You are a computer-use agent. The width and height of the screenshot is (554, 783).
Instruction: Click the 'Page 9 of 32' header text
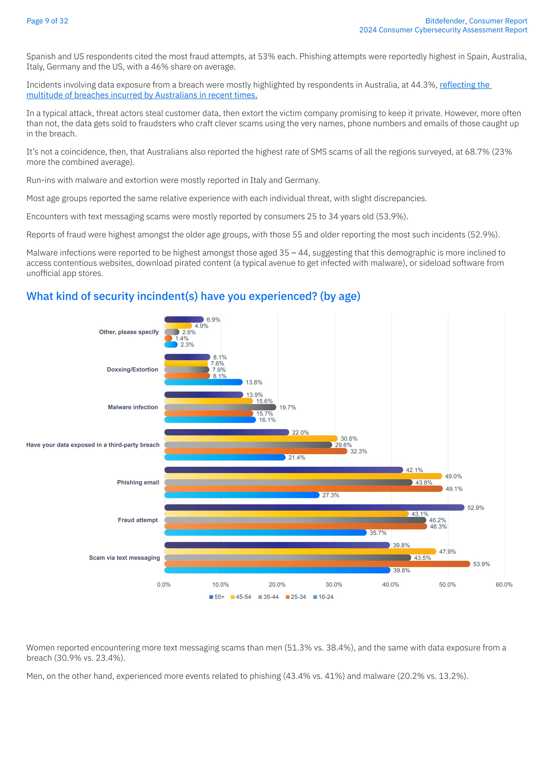(47, 21)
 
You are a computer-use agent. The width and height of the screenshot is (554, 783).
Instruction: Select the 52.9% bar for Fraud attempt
(314, 507)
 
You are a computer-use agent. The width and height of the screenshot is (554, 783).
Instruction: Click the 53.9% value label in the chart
(481, 564)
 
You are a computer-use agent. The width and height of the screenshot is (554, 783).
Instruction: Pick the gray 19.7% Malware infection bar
(220, 407)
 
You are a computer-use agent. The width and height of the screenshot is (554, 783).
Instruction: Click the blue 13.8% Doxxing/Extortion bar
(203, 382)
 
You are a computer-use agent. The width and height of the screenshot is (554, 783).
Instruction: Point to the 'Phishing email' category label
(138, 482)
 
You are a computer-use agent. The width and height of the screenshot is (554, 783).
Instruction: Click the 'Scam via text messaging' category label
(124, 558)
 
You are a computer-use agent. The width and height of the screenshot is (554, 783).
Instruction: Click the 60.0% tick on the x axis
(504, 585)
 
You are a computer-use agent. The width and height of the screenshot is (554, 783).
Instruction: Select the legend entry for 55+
(217, 597)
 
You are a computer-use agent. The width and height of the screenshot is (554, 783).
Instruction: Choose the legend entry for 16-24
(324, 597)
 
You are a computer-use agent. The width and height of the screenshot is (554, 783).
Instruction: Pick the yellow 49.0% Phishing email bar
(303, 476)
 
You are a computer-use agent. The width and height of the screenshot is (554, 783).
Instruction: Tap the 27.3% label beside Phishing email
(331, 495)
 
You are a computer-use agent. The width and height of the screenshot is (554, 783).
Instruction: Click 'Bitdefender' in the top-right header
(445, 21)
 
